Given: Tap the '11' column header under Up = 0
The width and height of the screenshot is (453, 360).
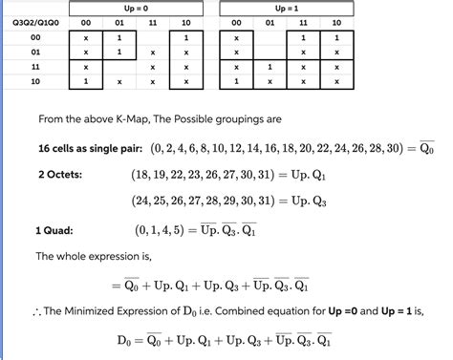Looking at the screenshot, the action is [x=154, y=22].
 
